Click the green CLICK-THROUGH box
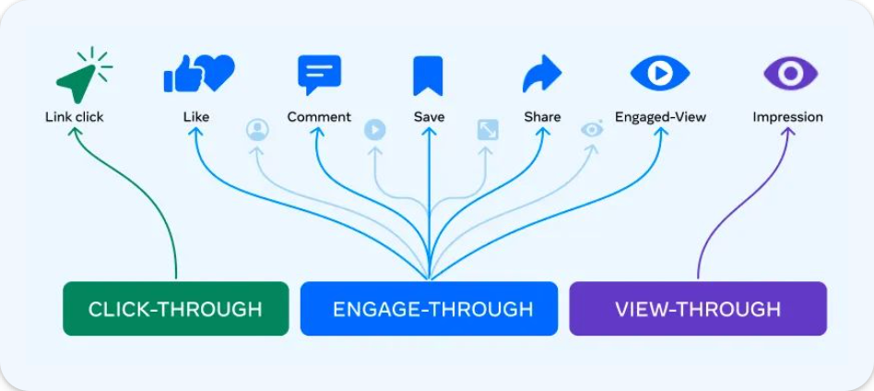pos(175,309)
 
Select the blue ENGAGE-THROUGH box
pos(429,309)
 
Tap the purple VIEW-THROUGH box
pos(698,309)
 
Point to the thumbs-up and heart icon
pos(198,74)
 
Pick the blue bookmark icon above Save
pos(429,75)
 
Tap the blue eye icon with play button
pos(659,73)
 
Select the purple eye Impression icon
pos(789,73)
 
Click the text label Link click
pos(75,117)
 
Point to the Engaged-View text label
pos(660,117)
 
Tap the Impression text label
pos(787,117)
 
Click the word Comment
pos(319,117)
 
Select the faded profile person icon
pos(257,130)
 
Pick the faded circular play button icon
pos(374,130)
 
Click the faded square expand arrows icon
pos(488,130)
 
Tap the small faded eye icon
pos(592,129)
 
